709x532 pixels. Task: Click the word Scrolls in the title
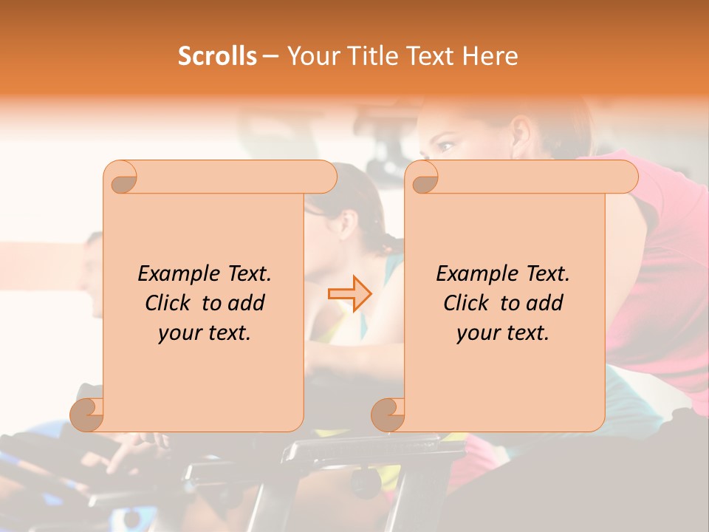tap(217, 56)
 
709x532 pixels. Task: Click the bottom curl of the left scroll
tap(86, 415)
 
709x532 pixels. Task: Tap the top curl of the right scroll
tap(423, 178)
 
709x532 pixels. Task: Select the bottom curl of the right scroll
tap(388, 415)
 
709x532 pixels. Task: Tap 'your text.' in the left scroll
tap(205, 333)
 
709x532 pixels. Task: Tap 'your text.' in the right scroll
tap(503, 333)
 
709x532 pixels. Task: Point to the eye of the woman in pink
tap(446, 146)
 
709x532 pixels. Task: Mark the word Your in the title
tap(312, 56)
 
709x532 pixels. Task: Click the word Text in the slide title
tap(429, 56)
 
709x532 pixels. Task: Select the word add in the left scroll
tap(247, 304)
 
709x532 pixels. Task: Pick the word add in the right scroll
tap(546, 304)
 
